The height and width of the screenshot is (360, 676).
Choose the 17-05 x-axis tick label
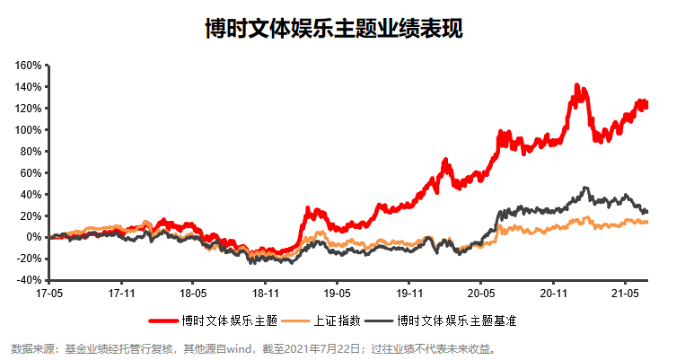pos(48,294)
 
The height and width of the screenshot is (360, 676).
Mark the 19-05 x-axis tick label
pos(337,294)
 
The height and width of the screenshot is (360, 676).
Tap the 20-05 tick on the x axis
pos(481,294)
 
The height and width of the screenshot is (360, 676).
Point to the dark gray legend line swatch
pos(376,320)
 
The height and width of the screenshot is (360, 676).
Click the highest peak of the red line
pos(576,86)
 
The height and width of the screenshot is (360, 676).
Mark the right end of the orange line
pos(647,222)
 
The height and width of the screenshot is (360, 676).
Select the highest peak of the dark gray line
pos(585,189)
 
